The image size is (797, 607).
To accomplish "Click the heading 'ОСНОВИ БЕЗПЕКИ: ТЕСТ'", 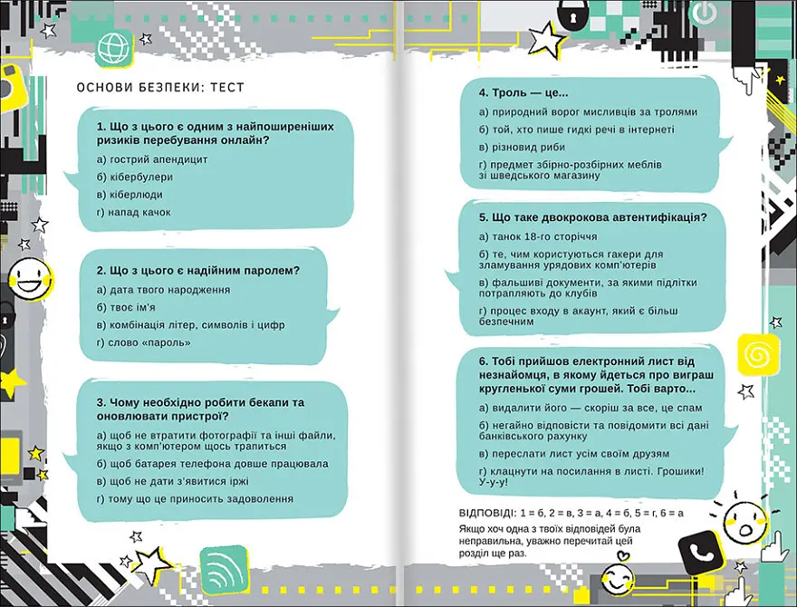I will click(x=160, y=87).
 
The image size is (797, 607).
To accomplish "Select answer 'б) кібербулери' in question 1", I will click(x=134, y=177).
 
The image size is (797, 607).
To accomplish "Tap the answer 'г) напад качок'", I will click(x=133, y=212).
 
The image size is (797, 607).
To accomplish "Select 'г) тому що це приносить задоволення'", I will click(x=195, y=499).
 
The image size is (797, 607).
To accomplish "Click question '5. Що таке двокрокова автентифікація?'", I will click(x=593, y=217).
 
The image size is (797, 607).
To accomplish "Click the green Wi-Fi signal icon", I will click(x=223, y=570).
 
